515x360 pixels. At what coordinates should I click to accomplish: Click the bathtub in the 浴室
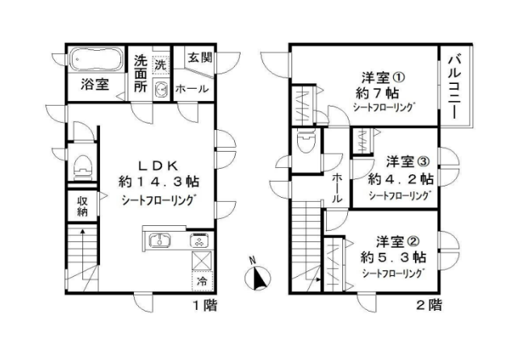tap(97, 59)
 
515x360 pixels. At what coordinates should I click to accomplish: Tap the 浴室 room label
tap(94, 85)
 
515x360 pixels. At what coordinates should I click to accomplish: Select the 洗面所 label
tap(140, 73)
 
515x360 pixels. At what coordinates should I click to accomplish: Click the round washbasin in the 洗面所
tap(161, 88)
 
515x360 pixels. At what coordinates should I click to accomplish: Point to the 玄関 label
tap(200, 58)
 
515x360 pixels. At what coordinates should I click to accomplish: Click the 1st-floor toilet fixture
tap(82, 167)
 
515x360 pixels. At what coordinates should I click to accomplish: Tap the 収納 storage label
tap(82, 206)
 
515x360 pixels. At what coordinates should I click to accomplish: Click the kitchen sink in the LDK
tap(160, 240)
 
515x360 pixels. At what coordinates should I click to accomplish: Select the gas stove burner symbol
tap(199, 241)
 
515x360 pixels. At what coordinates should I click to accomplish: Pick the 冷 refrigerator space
tap(203, 281)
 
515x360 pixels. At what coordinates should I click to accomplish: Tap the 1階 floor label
tap(204, 305)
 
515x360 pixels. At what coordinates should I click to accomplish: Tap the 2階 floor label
tap(429, 305)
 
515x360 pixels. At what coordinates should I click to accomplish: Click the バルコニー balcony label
tap(454, 86)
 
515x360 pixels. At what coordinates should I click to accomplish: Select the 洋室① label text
tap(383, 77)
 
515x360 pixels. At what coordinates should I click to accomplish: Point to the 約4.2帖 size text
tap(400, 179)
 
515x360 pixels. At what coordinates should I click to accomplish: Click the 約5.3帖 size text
tap(393, 257)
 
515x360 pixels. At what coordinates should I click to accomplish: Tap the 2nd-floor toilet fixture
tap(306, 141)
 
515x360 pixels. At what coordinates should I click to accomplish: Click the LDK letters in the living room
tap(158, 166)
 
